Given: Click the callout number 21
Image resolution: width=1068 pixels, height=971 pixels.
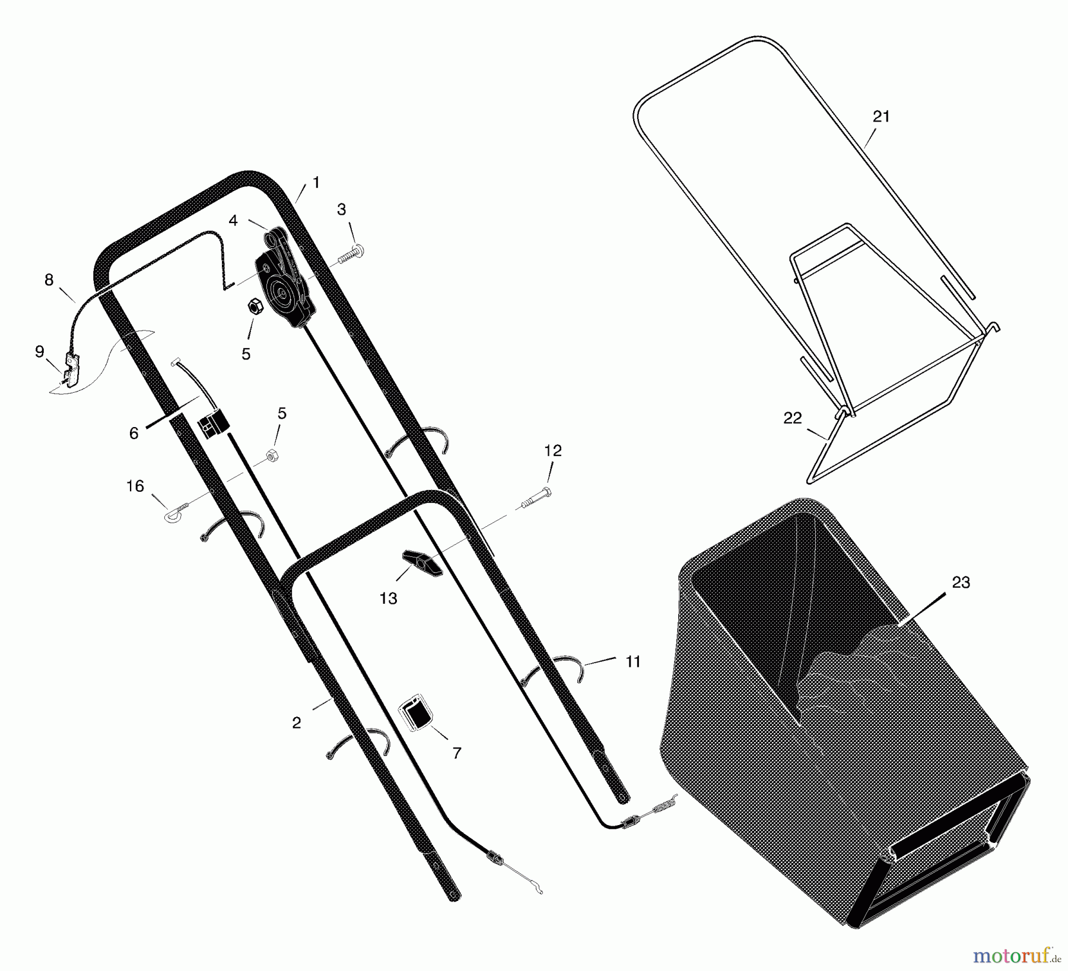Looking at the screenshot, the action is pyautogui.click(x=881, y=117).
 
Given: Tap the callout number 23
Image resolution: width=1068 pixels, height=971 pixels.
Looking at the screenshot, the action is pyautogui.click(x=961, y=583).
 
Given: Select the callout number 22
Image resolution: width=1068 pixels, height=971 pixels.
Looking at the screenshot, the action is pyautogui.click(x=793, y=418).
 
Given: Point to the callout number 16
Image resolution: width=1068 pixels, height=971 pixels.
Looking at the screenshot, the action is pyautogui.click(x=135, y=486).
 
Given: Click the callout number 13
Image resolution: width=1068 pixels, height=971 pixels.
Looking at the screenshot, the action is pyautogui.click(x=388, y=598).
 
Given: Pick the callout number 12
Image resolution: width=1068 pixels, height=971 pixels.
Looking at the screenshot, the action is pyautogui.click(x=552, y=451).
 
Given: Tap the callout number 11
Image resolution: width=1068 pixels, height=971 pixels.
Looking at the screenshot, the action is pyautogui.click(x=633, y=661).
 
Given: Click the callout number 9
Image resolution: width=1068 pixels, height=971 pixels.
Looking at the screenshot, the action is pyautogui.click(x=40, y=352).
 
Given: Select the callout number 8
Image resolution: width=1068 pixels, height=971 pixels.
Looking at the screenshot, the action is pyautogui.click(x=49, y=280).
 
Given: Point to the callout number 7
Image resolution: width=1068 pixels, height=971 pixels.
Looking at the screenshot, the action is pyautogui.click(x=456, y=753).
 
